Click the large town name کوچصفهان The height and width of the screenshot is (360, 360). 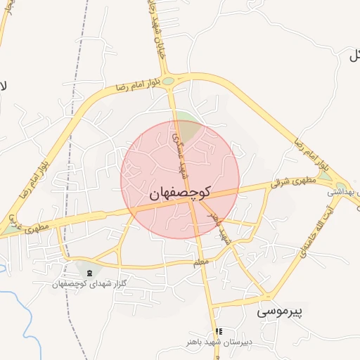tap(180, 193)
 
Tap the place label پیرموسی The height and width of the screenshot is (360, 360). tap(279, 310)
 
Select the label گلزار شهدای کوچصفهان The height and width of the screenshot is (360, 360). tap(89, 283)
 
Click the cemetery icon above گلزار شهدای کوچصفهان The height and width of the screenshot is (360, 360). tap(89, 272)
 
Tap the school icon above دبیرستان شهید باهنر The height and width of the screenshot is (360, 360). tap(219, 331)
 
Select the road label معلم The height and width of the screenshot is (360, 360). tap(202, 262)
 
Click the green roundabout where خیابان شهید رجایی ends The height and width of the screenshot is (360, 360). tap(169, 81)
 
